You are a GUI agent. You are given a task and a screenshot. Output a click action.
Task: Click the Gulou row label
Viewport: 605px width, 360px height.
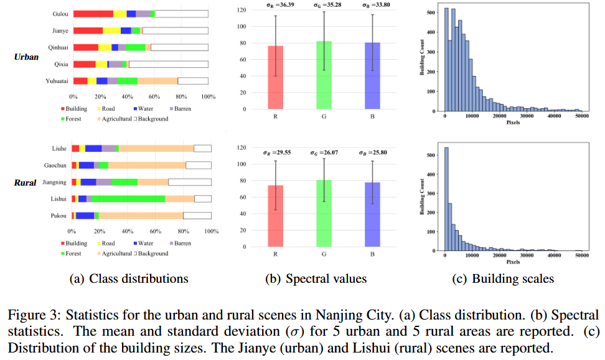click(60, 14)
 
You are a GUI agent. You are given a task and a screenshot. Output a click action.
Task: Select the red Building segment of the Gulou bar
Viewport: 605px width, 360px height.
click(93, 14)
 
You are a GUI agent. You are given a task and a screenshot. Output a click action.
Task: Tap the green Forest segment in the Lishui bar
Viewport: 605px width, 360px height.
click(128, 199)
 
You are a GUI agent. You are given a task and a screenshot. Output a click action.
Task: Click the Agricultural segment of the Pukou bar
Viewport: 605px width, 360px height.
click(141, 216)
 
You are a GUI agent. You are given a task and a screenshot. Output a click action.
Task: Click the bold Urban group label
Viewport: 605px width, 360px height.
click(27, 57)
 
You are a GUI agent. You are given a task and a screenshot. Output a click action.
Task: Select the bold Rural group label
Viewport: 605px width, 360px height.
click(26, 183)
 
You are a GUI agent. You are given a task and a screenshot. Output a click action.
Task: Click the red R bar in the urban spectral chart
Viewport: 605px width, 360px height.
click(275, 77)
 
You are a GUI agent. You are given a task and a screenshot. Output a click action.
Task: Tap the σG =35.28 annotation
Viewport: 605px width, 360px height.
click(324, 6)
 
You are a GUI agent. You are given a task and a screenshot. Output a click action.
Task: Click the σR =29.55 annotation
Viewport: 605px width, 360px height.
click(275, 151)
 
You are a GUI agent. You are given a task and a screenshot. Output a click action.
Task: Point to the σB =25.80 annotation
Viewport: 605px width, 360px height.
click(372, 151)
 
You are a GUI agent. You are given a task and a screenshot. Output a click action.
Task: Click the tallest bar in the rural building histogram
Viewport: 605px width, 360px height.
click(446, 199)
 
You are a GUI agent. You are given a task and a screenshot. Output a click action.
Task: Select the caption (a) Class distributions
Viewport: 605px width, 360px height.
click(128, 278)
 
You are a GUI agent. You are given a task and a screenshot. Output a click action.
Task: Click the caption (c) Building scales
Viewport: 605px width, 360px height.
click(502, 278)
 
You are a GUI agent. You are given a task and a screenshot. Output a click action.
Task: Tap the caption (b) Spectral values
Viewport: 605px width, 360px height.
click(316, 278)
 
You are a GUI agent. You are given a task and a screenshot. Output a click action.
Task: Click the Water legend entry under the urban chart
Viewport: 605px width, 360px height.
click(143, 109)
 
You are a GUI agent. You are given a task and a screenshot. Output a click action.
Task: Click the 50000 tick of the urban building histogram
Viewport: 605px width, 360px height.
click(582, 116)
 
